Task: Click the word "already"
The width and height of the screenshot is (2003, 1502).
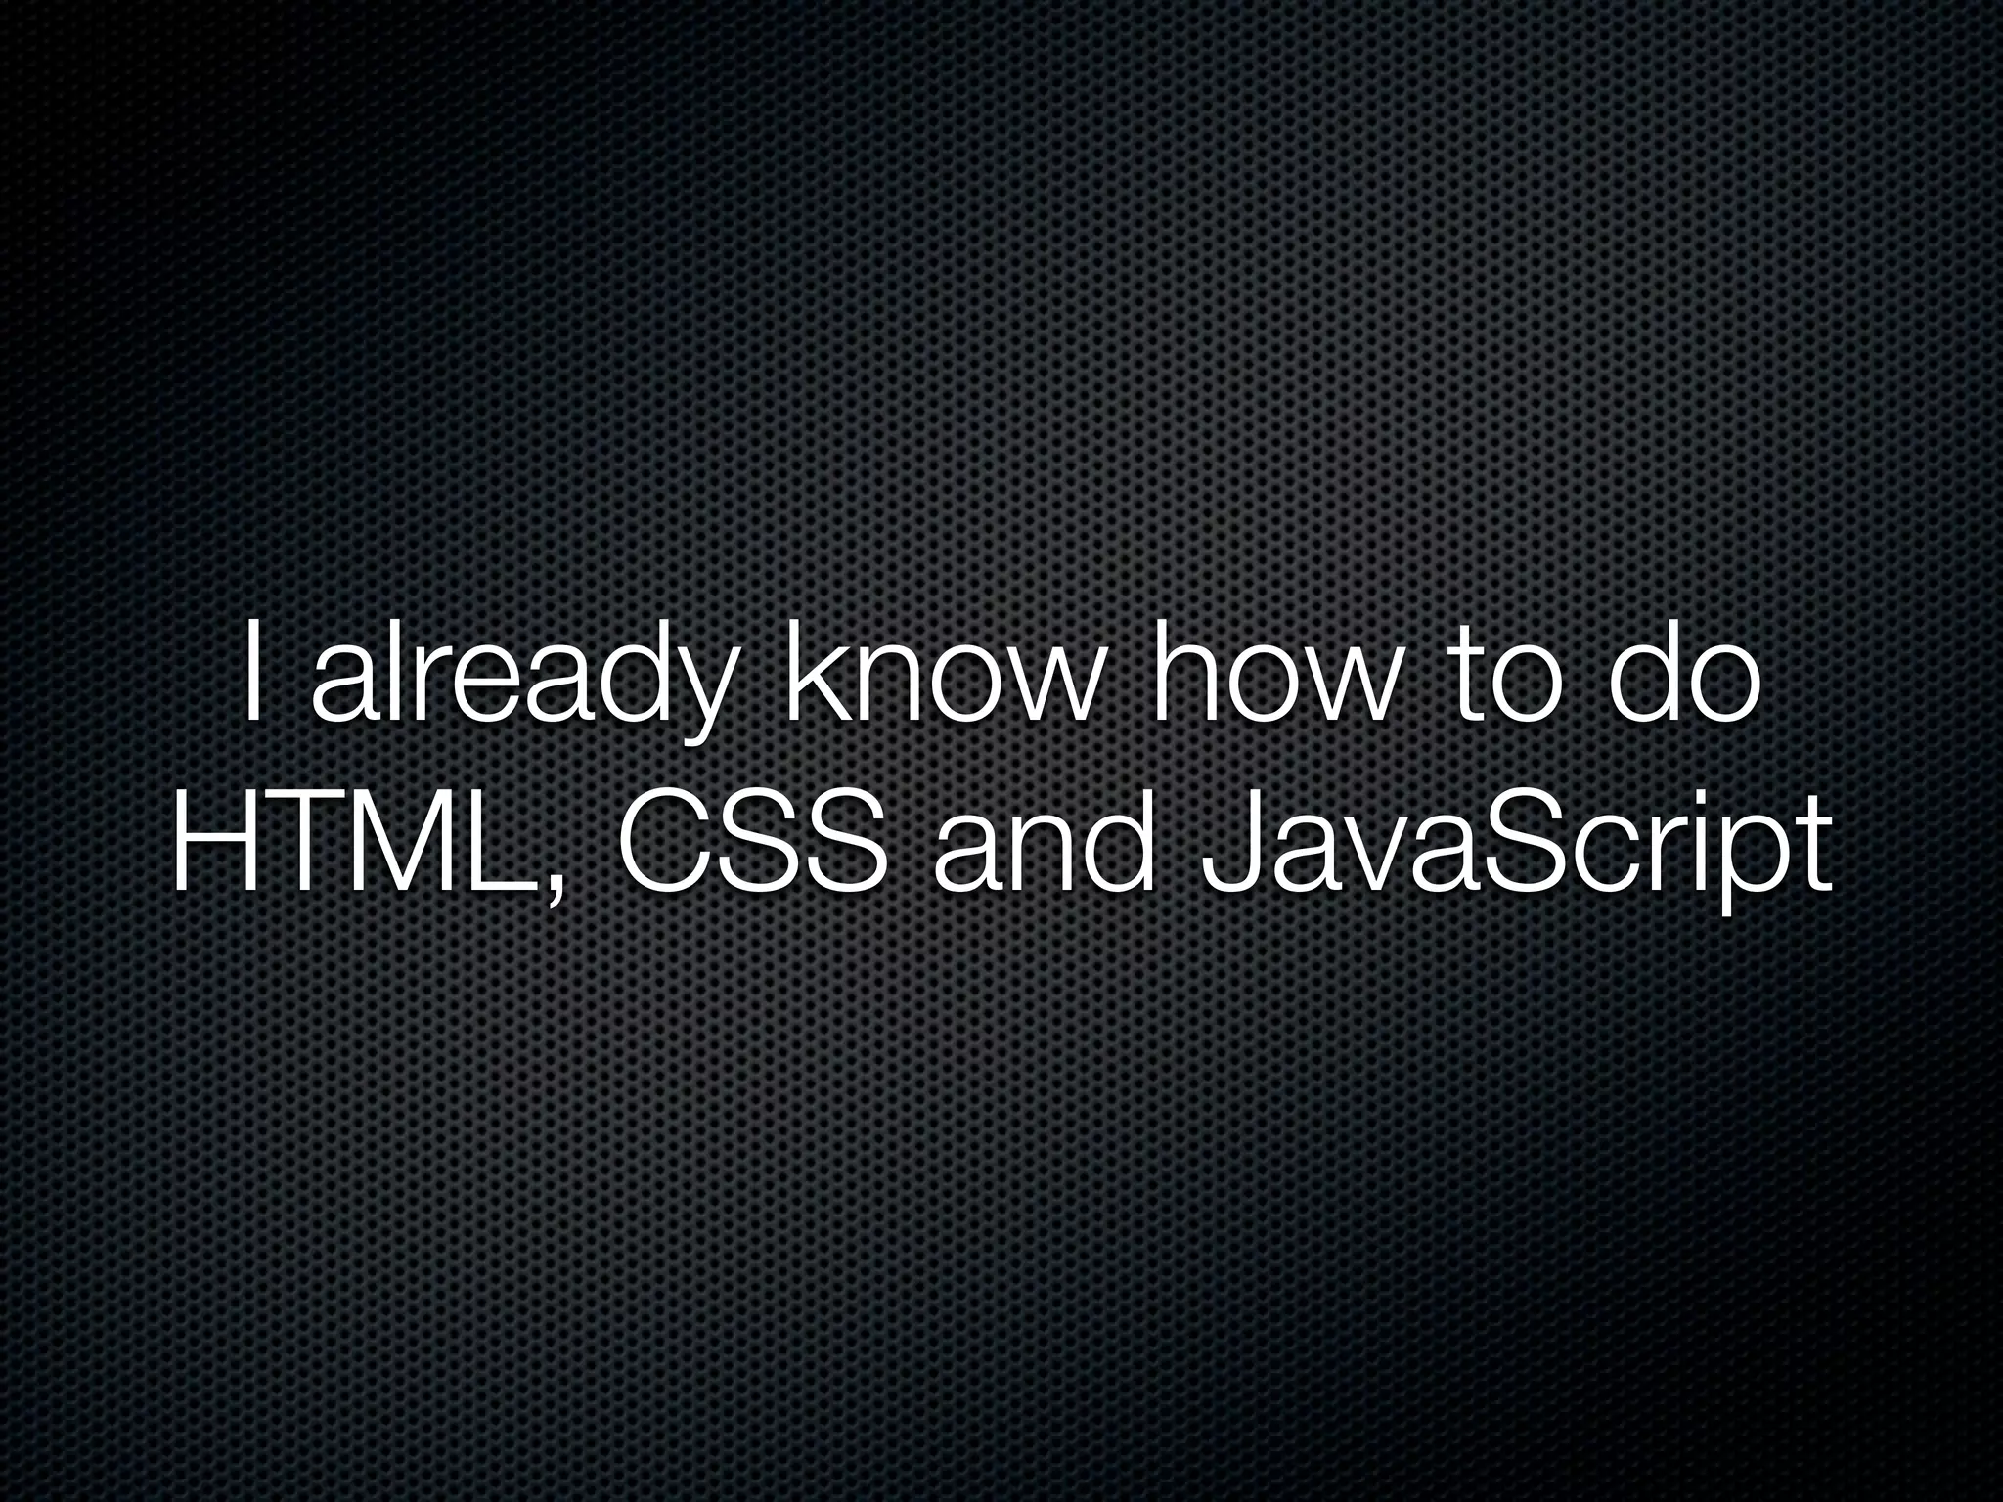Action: click(519, 685)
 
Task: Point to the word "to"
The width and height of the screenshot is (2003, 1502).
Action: click(1497, 681)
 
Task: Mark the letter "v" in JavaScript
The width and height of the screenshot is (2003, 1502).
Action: click(1365, 861)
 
